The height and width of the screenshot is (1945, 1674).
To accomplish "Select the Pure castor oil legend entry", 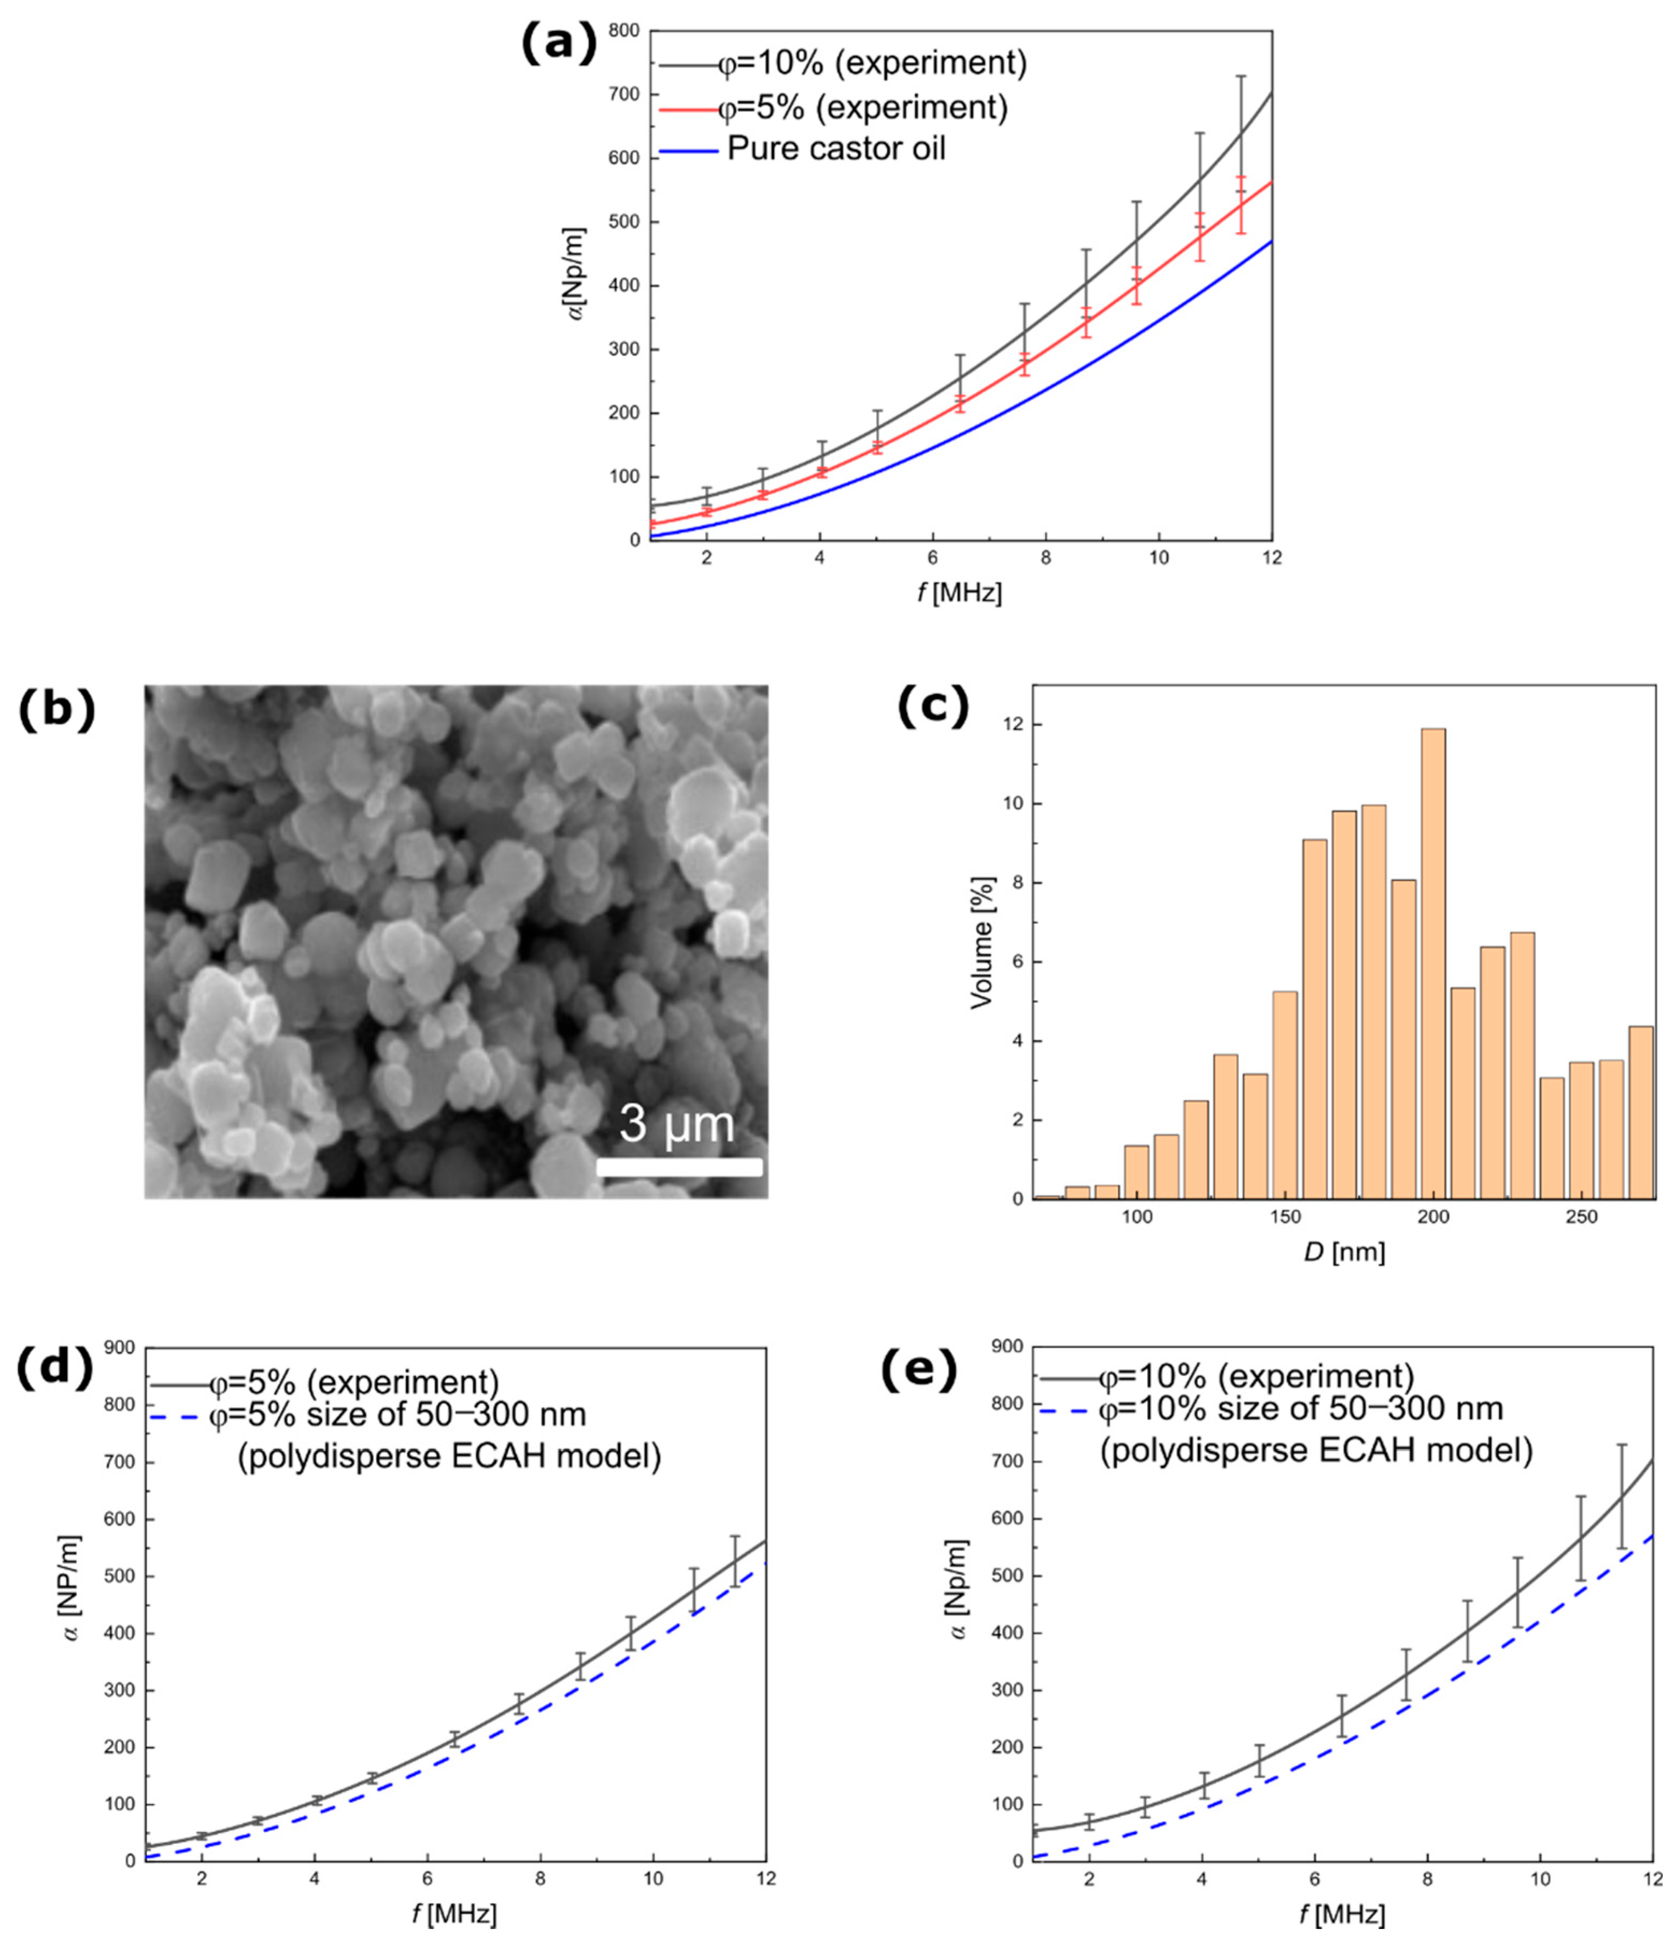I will tap(835, 148).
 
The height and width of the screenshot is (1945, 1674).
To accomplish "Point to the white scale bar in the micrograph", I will tap(679, 1168).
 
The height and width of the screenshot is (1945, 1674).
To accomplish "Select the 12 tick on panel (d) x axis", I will tap(766, 1878).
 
